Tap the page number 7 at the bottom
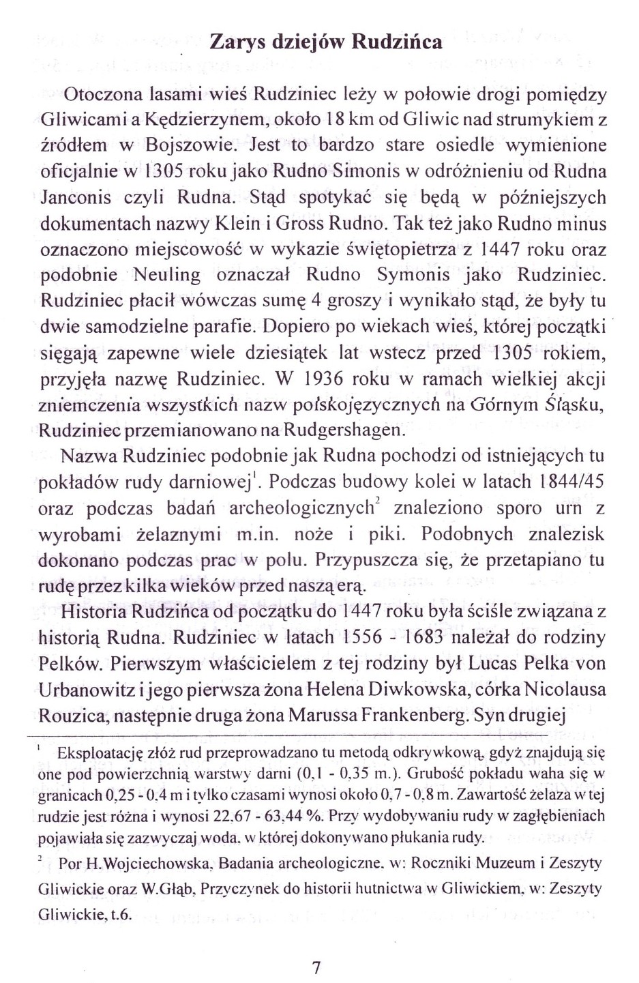(316, 968)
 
